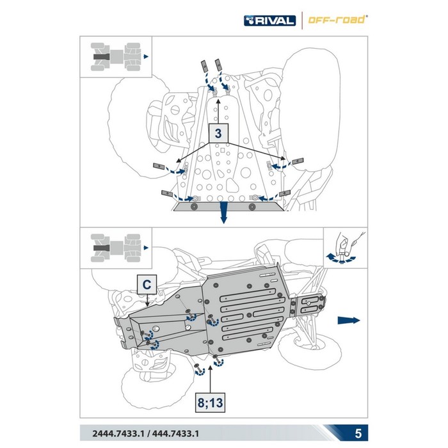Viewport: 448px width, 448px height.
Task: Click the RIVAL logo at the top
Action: tap(269, 20)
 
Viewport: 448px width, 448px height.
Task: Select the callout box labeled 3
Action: tap(219, 135)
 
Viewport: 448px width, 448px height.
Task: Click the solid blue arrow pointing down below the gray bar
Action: tap(223, 216)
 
